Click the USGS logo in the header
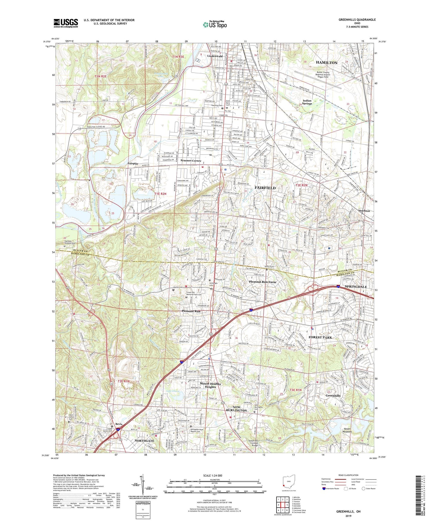(65, 23)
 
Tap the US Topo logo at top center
(215, 25)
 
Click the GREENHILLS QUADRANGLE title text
(357, 20)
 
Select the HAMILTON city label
(326, 63)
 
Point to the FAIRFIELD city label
(265, 188)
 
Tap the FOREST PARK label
(320, 337)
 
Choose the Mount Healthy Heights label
(210, 385)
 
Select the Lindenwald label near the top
(215, 56)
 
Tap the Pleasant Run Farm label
(262, 282)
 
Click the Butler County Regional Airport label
(323, 75)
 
